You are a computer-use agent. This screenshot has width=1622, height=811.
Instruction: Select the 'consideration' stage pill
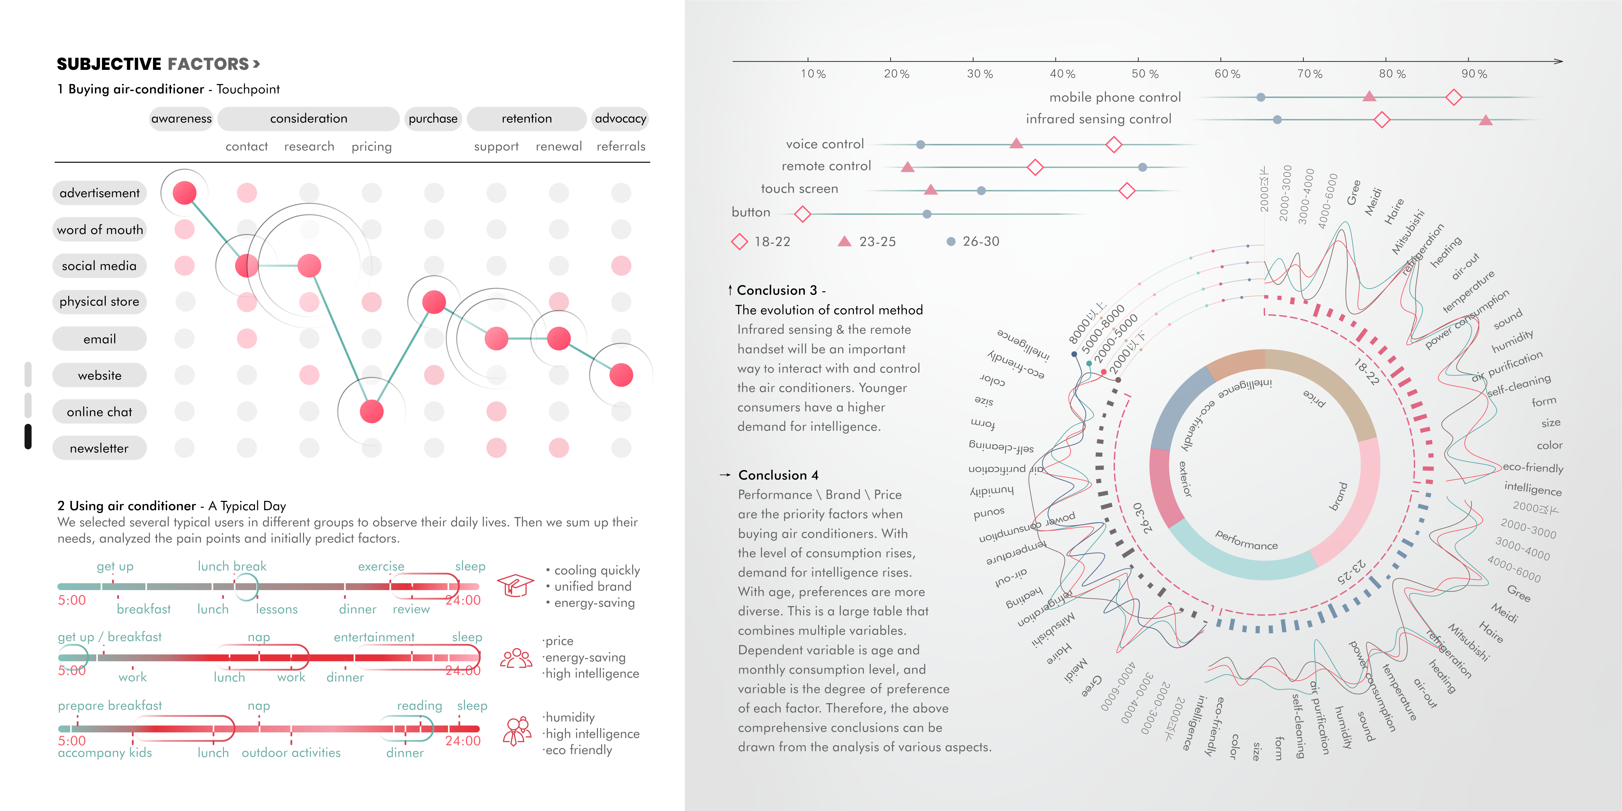point(308,118)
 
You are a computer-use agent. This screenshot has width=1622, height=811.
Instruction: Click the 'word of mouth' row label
point(100,230)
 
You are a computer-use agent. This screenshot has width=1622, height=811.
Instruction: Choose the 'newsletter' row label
point(100,448)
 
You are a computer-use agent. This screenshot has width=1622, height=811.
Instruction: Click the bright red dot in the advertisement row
point(185,193)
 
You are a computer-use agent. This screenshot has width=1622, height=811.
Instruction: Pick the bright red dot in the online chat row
point(371,412)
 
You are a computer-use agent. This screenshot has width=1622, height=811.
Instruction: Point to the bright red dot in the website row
point(621,375)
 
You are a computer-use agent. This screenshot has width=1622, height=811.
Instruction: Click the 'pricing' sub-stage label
point(371,147)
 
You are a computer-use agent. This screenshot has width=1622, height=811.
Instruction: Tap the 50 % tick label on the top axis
point(1145,74)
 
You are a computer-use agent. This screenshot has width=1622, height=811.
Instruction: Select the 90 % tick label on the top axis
point(1474,74)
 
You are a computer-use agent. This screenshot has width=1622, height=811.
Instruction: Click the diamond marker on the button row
point(802,214)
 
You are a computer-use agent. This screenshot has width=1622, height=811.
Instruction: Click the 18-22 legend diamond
point(739,242)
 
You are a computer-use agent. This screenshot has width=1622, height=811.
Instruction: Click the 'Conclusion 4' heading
point(778,475)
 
